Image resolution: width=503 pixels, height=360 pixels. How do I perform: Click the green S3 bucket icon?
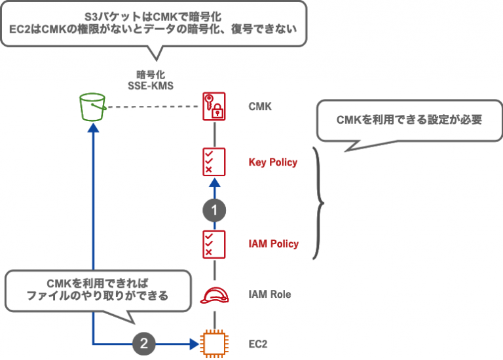click(92, 107)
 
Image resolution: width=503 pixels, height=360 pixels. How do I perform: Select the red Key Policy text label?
click(273, 162)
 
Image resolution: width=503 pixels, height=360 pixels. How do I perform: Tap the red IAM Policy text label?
click(273, 243)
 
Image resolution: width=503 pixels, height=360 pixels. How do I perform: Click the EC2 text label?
click(258, 342)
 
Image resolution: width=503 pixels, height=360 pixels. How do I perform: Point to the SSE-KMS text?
click(150, 84)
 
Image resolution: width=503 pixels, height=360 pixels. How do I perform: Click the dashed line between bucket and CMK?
click(154, 107)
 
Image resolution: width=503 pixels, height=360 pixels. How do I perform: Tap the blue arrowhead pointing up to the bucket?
click(92, 130)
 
